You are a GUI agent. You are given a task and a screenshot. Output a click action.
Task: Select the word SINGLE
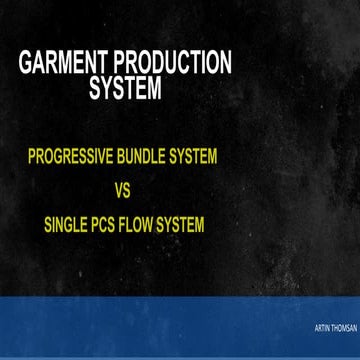(x=71, y=225)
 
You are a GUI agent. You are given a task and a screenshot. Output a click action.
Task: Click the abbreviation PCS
(x=115, y=225)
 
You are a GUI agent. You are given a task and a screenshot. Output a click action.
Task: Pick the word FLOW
(x=151, y=225)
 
